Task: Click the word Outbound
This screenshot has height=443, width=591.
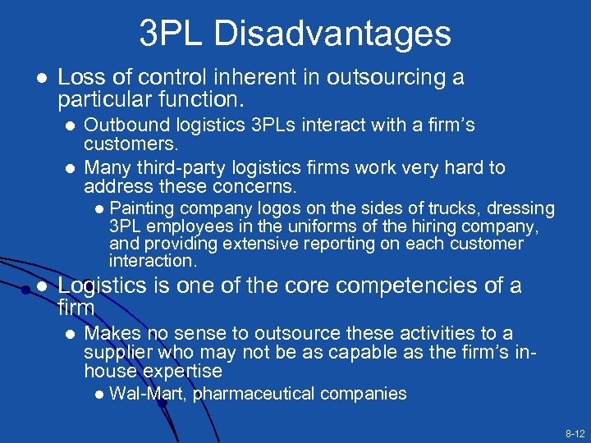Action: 120,126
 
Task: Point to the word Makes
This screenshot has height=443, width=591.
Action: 108,333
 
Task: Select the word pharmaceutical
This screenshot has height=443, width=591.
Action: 254,394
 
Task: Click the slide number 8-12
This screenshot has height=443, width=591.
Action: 574,432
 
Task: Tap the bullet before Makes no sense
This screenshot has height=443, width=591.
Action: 69,334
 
